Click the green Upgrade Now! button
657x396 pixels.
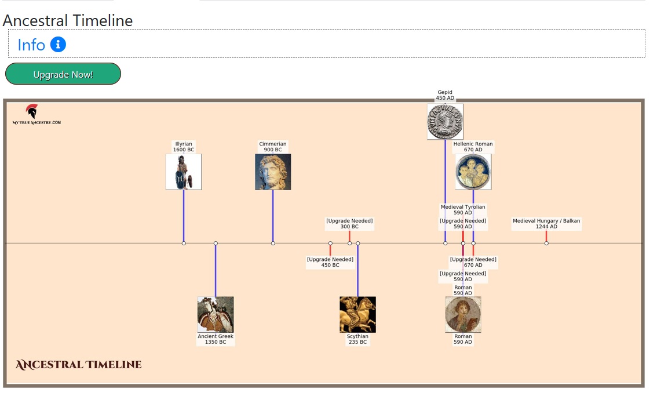[63, 74]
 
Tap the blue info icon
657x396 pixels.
[58, 44]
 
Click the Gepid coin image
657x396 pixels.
[445, 122]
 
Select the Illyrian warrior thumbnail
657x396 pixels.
[184, 172]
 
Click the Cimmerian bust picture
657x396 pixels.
[273, 172]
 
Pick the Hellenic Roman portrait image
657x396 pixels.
[473, 172]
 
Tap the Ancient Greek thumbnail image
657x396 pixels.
[216, 314]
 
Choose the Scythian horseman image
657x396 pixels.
[357, 314]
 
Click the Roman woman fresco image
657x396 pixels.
[463, 314]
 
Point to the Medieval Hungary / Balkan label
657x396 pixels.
[546, 224]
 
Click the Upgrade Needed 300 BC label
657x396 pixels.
[349, 224]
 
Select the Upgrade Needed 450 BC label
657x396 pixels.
[330, 262]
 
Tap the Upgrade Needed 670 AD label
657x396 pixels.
[473, 262]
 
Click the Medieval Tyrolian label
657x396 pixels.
[463, 210]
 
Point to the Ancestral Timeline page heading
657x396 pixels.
[68, 21]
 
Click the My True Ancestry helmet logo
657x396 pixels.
[32, 112]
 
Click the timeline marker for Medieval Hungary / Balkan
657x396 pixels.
[546, 243]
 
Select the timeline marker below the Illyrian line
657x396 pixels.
[184, 243]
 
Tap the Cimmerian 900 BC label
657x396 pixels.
[273, 147]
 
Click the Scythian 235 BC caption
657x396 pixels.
[357, 339]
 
